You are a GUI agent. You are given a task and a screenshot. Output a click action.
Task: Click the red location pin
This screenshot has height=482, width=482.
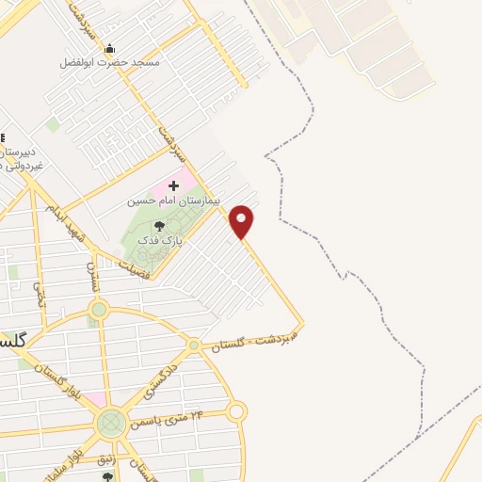pos(242,220)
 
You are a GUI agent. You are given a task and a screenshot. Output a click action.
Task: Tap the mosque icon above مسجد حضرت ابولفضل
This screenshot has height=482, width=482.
pos(110,48)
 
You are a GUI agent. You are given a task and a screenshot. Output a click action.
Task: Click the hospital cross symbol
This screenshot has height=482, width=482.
pos(173,186)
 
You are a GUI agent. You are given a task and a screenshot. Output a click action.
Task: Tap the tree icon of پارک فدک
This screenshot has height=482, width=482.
pos(158,226)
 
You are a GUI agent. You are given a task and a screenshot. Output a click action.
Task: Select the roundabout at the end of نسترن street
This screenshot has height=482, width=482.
pos(99,310)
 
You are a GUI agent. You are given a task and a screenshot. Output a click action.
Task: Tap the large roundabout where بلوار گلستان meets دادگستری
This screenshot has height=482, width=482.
pos(111,423)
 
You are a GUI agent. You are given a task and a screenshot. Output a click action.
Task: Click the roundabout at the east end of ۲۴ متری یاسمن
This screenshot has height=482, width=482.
pos(236,411)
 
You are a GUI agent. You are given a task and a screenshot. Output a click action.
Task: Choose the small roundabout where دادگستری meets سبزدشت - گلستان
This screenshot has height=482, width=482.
pos(193,346)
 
